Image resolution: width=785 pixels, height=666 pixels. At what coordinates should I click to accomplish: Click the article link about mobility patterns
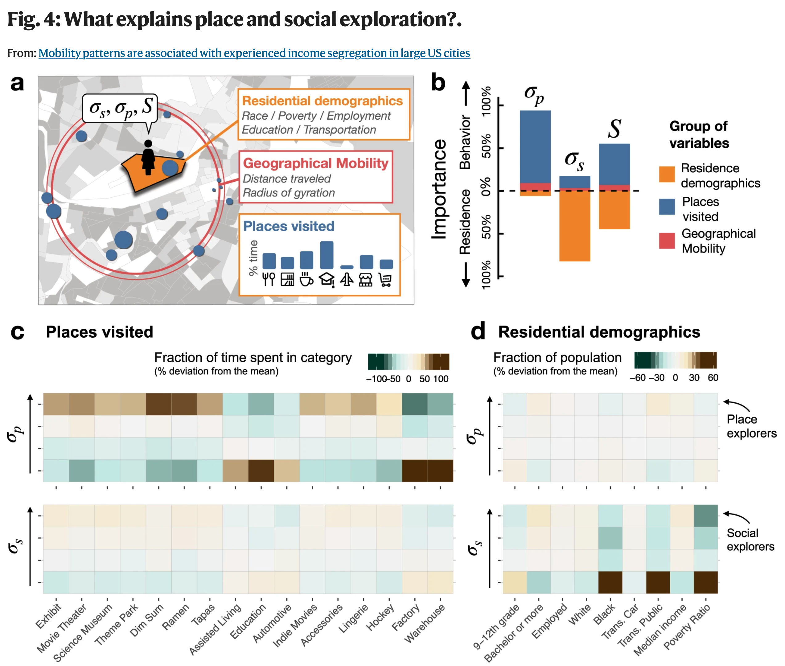pos(254,53)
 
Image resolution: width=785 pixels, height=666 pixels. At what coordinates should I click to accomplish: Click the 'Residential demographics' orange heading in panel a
pos(322,101)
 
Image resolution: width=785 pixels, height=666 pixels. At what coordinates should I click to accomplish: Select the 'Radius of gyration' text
pos(289,193)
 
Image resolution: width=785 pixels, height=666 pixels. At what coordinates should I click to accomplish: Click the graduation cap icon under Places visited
pos(327,280)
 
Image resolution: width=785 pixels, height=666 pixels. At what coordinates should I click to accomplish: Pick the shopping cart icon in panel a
pos(385,280)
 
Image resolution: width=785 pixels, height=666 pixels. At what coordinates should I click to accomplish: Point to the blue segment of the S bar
pos(614,164)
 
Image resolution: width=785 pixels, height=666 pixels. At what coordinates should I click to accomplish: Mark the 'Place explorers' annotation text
pos(751,426)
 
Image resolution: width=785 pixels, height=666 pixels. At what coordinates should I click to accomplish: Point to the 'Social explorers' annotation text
pos(750,540)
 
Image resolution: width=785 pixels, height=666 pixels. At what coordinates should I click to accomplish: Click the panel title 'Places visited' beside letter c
pos(99,332)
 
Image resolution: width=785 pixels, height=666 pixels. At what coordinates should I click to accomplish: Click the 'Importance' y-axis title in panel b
pos(439,189)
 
